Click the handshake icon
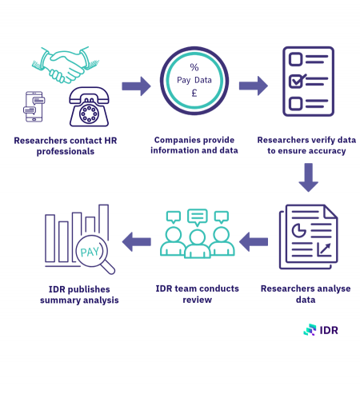[66, 65]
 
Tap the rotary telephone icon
[89, 107]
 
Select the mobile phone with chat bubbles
[34, 106]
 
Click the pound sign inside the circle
[194, 93]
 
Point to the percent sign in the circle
[194, 67]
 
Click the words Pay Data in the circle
[194, 80]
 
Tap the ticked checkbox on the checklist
[297, 81]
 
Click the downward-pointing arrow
[309, 177]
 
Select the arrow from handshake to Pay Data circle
[136, 86]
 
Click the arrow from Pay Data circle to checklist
[254, 86]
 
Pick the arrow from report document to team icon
[254, 241]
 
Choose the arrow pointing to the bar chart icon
[136, 241]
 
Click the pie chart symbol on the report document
[298, 230]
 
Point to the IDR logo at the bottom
[321, 330]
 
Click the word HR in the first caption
[110, 141]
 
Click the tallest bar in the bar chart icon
[103, 222]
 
